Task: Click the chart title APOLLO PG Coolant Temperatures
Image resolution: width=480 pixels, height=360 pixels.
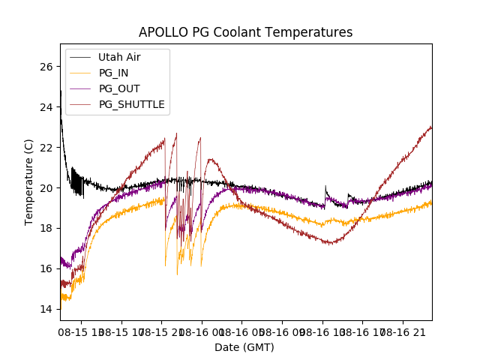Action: coord(245,32)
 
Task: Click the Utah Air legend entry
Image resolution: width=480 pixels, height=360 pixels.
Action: coord(119,57)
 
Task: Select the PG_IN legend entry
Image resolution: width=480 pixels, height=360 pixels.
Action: coord(114,73)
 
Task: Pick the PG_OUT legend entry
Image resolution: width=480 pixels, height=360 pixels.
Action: coord(119,88)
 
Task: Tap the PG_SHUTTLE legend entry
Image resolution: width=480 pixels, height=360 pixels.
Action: coord(131,104)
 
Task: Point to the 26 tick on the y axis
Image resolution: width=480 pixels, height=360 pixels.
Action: coord(47,67)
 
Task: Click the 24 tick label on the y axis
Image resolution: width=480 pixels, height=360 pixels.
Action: coord(47,107)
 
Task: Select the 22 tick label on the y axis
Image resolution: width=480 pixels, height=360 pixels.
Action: coord(47,148)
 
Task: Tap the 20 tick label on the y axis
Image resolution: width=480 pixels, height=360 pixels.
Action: coord(47,188)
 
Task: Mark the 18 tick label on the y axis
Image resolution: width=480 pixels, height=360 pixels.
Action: coord(47,229)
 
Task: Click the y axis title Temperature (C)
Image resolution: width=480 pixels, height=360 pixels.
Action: coord(29,182)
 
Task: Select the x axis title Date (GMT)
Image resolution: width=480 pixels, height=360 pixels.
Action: coord(244,347)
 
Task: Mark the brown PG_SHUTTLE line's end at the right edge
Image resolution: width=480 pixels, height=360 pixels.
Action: coord(431,127)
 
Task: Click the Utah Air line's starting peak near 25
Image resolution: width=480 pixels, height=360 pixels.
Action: coord(61,91)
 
